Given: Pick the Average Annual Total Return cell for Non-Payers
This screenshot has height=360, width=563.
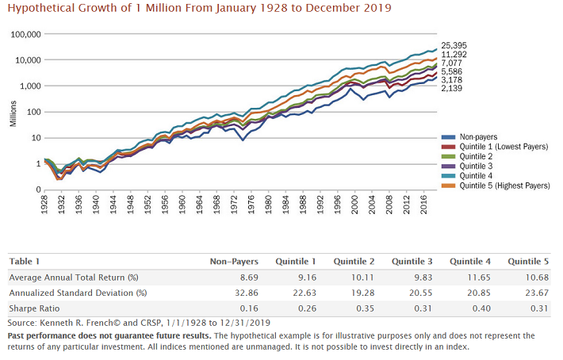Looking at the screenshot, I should [x=238, y=276].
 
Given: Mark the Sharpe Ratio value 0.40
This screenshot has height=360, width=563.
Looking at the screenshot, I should [x=481, y=308].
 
